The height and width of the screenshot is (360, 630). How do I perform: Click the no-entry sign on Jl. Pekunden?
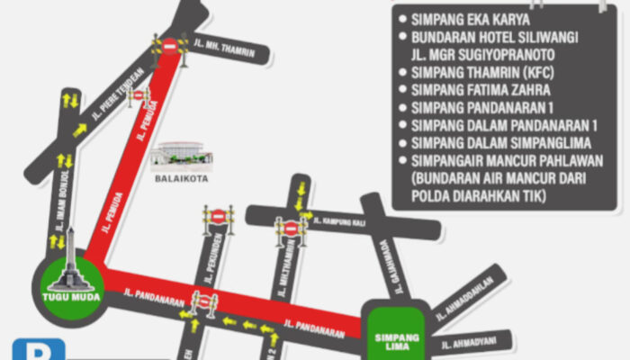218,217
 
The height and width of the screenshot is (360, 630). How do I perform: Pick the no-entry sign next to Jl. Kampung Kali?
290,228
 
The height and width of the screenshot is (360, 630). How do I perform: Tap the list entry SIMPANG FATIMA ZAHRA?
481,90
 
